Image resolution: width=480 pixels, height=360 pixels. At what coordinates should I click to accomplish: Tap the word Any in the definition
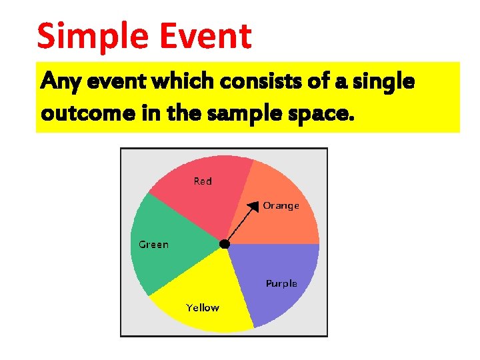[57, 83]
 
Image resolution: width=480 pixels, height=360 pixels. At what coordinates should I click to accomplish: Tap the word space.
[319, 113]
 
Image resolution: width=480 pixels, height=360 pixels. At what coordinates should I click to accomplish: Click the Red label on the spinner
[203, 181]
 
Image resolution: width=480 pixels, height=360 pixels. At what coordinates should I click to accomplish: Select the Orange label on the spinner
[281, 205]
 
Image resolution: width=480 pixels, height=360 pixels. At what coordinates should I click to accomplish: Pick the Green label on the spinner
[153, 245]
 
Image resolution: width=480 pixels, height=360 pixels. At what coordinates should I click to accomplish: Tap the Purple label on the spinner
[281, 283]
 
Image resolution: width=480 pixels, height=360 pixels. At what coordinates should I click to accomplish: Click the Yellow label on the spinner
[203, 307]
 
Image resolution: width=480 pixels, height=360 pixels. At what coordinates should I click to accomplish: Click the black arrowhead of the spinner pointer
[253, 207]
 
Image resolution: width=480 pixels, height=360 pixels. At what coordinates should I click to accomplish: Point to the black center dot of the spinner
[225, 245]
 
